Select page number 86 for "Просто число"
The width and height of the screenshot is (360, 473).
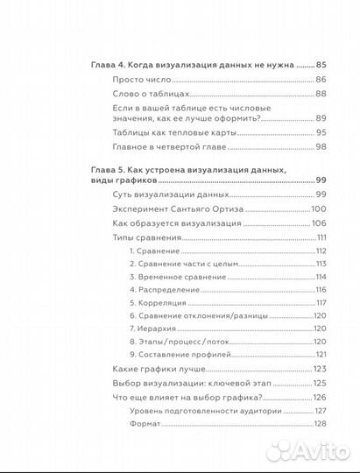321,80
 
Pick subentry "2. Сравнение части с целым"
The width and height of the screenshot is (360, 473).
185,264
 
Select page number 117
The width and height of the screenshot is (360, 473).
321,302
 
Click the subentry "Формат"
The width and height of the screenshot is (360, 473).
145,423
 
